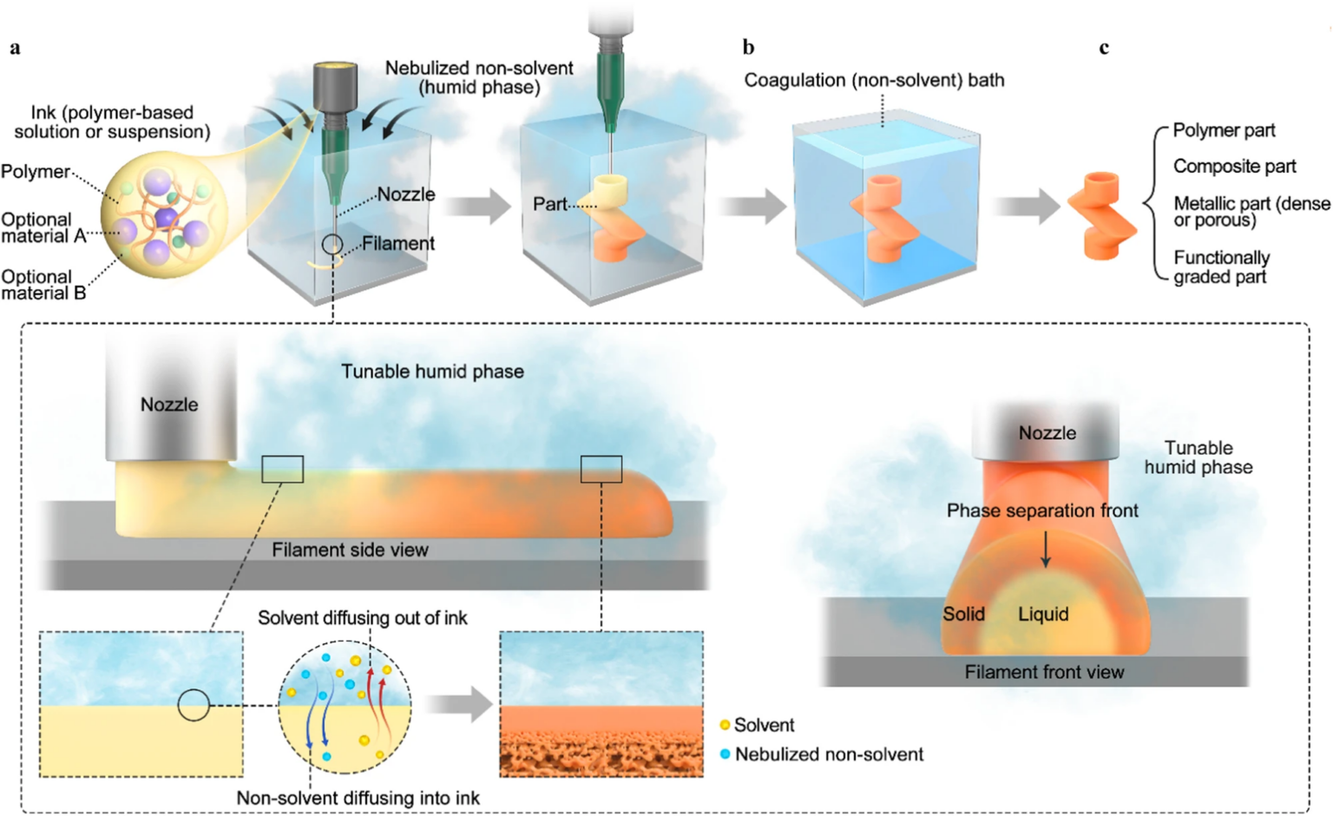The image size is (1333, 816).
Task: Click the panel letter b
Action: point(748,48)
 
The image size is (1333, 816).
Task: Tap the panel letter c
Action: point(1104,48)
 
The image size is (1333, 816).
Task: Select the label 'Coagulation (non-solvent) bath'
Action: point(874,80)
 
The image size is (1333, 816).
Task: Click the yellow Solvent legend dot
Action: point(725,725)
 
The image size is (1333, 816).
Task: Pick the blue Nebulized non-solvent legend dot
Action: point(725,754)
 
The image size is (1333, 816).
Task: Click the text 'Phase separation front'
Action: point(1042,510)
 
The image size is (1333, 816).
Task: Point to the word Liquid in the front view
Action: point(1043,615)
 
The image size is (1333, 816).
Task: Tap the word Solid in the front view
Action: point(963,615)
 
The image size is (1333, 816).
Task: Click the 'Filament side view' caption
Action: point(350,549)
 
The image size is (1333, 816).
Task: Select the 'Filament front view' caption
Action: point(1044,672)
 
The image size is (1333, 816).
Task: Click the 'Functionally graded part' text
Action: point(1221,267)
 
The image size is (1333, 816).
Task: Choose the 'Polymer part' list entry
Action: point(1224,130)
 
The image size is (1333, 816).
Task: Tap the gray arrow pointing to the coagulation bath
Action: point(752,207)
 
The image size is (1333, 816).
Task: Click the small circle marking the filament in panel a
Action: point(332,245)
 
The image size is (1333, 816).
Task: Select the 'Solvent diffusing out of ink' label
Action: point(362,618)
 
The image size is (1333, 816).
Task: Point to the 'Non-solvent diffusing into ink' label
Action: point(358,798)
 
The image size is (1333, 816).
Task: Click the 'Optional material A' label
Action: point(43,227)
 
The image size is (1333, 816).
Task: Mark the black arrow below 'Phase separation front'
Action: point(1046,549)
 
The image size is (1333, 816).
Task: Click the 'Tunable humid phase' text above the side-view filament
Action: point(432,372)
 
